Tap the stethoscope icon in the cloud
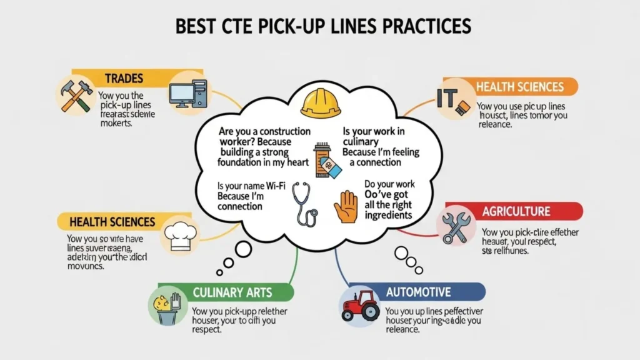click(x=307, y=204)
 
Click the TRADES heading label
click(x=124, y=79)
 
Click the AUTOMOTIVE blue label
click(x=419, y=292)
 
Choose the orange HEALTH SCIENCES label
click(x=519, y=87)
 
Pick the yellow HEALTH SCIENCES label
click(x=112, y=222)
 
